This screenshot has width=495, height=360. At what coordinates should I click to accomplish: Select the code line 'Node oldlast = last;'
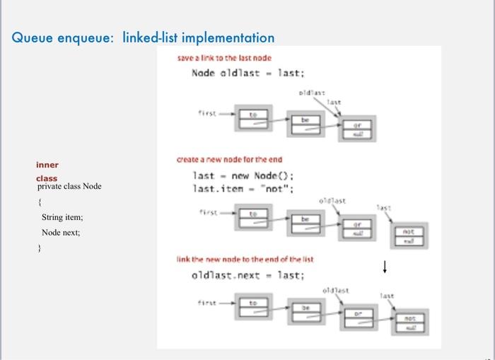248,73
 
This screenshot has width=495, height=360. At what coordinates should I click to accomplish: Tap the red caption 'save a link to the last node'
223,57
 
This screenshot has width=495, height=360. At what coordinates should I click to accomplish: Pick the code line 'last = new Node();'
243,176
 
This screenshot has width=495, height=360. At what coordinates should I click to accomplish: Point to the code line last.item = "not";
243,189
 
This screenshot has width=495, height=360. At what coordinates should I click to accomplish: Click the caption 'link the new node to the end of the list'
245,260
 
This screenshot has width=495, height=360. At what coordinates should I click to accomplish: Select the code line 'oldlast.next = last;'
248,275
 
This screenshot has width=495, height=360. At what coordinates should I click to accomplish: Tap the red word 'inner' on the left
47,165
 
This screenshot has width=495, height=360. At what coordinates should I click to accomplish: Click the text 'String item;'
62,217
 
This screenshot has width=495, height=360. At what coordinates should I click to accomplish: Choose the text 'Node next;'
60,232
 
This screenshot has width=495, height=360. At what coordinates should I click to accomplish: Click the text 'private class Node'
69,186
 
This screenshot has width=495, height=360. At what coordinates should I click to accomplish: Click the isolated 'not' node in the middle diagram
408,236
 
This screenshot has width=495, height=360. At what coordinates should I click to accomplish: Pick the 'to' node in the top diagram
252,118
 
